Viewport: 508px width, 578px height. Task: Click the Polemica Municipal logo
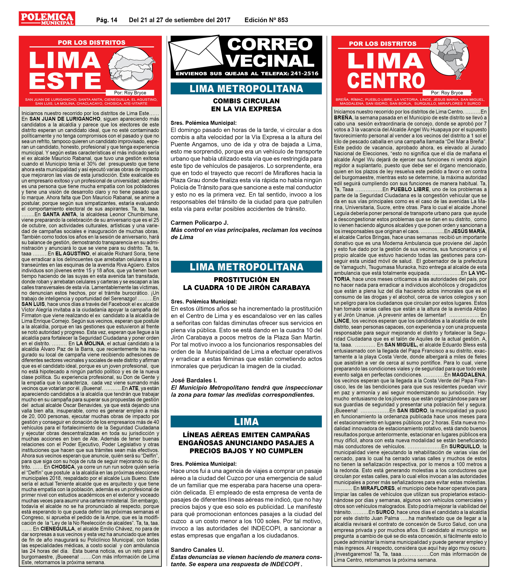(x=47, y=19)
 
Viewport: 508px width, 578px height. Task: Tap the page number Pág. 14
(x=107, y=20)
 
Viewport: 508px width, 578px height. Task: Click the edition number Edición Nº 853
(x=266, y=20)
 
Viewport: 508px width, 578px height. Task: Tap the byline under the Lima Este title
(x=130, y=93)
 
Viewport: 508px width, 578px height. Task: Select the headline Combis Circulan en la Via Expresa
(x=246, y=105)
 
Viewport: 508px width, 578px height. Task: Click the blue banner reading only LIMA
(x=246, y=422)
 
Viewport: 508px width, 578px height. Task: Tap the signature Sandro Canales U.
(x=197, y=550)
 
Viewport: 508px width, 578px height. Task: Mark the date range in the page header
(x=179, y=20)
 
